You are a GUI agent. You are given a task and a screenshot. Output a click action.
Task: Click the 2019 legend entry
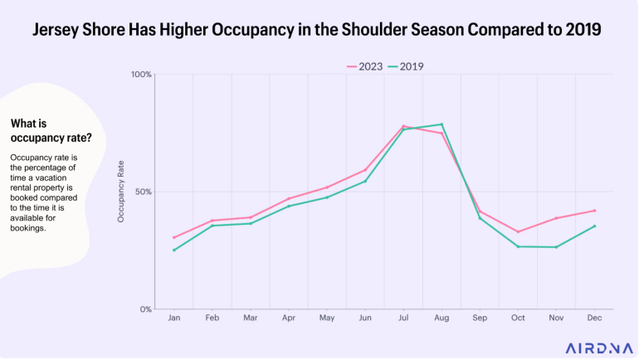coord(412,66)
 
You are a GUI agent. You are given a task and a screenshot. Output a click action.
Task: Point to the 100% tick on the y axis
coord(142,75)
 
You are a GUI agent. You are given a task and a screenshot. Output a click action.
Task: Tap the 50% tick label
coord(144,192)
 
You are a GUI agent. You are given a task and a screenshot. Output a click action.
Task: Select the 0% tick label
coord(145,309)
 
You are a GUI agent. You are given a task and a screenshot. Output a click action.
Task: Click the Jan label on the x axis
coord(174,318)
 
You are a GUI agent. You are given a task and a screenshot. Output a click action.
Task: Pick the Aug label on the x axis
coord(441,318)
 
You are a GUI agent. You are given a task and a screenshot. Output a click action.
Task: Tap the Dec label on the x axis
coord(594,318)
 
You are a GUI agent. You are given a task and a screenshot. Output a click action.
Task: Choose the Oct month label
coord(518,318)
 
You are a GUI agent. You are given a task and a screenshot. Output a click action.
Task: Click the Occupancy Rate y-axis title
coord(121,192)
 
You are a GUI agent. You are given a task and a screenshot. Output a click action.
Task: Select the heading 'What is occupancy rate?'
coord(51,130)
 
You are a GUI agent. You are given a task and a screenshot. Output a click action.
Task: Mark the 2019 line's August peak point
coord(441,124)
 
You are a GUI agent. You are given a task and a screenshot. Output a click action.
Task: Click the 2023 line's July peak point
coord(403,126)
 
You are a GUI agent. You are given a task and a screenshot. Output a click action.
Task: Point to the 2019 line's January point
coord(174,250)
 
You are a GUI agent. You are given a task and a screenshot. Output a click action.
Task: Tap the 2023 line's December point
coord(594,210)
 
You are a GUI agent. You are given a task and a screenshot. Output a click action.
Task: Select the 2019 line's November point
coord(556,247)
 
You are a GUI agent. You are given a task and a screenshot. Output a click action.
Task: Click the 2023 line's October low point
coord(518,231)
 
